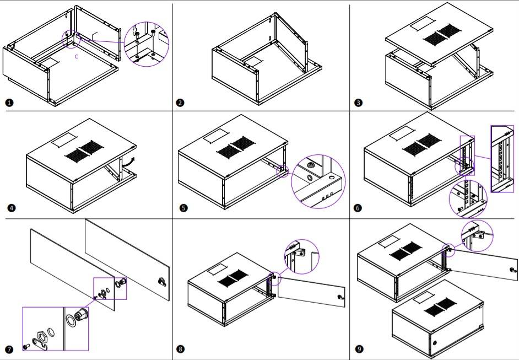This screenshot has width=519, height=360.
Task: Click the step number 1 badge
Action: (x=9, y=103)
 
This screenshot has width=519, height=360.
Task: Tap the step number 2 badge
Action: (x=180, y=103)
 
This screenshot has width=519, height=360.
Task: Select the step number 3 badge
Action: (x=359, y=103)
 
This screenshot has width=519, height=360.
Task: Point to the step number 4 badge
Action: (x=11, y=208)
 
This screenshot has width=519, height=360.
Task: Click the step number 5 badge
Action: (x=183, y=208)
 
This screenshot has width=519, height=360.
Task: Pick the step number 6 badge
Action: (x=358, y=208)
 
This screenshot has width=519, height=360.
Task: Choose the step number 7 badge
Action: (x=9, y=350)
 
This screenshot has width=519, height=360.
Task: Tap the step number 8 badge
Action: (x=180, y=350)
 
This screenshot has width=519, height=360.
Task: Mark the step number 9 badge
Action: (x=359, y=350)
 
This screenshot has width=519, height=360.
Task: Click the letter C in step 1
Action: (x=76, y=56)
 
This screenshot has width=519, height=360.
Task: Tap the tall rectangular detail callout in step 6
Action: (x=501, y=158)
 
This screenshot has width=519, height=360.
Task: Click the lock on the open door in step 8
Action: (x=339, y=298)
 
